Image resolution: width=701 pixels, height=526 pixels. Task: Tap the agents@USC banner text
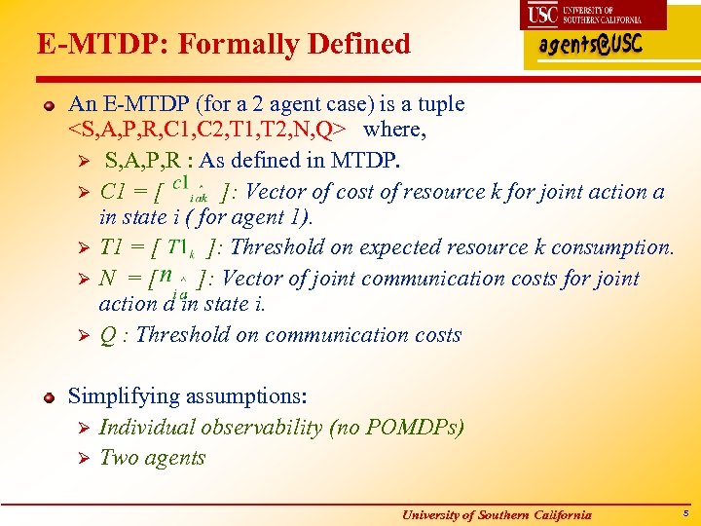pos(590,48)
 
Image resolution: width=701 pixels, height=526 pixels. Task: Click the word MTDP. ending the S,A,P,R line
pos(374,159)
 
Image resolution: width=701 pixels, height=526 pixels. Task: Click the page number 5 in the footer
pos(684,513)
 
